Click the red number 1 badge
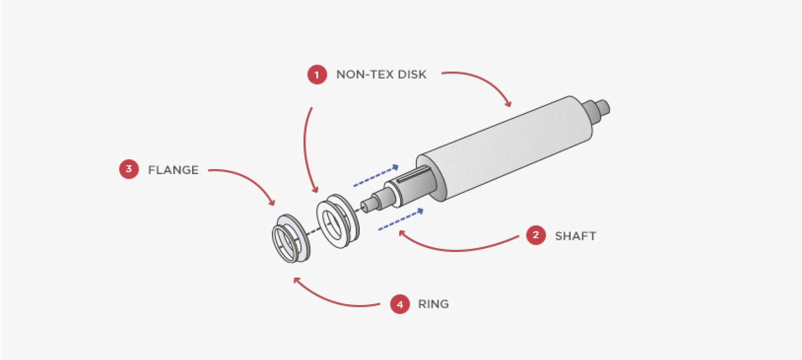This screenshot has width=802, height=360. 317,75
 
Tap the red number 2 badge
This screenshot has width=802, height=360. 536,235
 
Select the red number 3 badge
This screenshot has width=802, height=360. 129,169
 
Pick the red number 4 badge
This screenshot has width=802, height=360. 400,304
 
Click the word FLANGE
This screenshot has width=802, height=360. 173,170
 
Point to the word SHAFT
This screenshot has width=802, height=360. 575,236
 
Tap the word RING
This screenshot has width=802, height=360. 433,304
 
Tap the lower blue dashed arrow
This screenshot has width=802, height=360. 401,219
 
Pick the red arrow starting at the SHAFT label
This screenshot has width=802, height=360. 455,248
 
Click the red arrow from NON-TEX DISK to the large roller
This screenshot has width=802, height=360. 486,81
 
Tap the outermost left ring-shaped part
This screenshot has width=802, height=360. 290,238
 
